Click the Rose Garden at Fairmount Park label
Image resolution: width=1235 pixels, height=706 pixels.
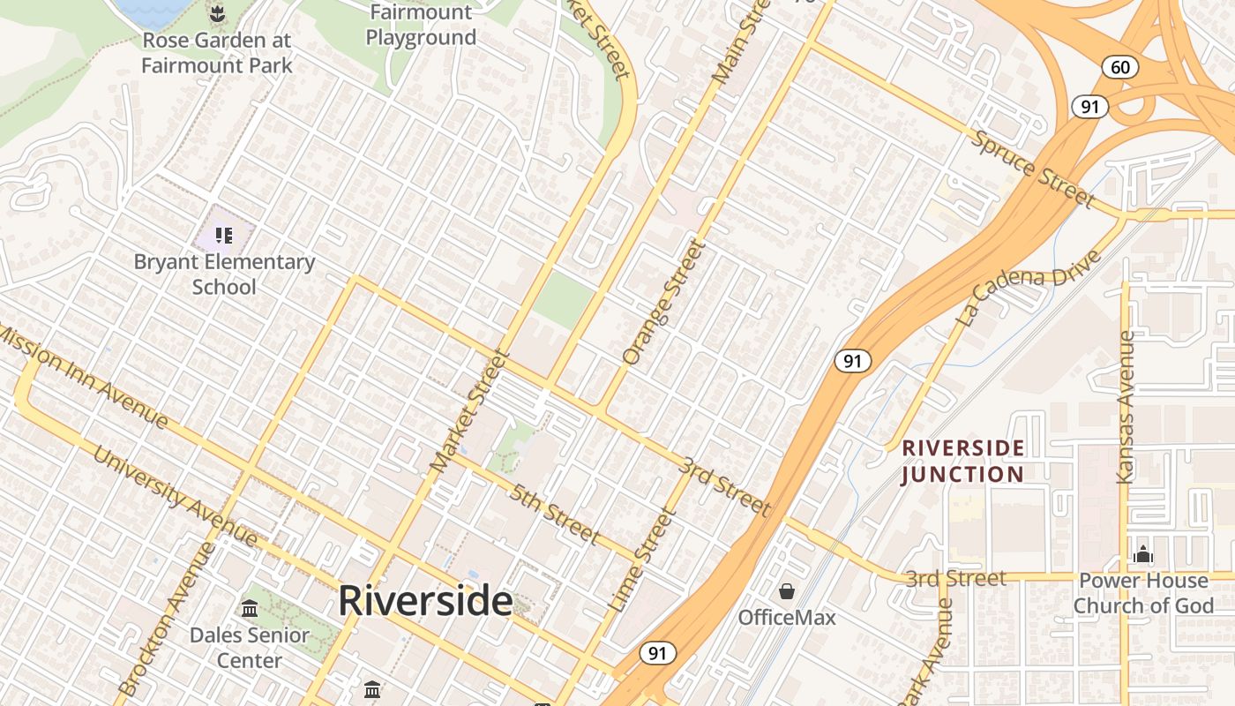pos(216,53)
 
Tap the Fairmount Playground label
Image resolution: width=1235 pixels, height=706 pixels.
pos(421,26)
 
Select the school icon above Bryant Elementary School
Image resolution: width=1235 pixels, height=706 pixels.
pos(224,235)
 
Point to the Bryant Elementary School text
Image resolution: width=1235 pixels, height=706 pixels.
pos(224,274)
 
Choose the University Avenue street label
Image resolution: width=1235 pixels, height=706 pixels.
pos(175,497)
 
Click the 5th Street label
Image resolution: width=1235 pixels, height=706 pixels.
pos(554,514)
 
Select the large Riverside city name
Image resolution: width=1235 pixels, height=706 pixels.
pos(425,601)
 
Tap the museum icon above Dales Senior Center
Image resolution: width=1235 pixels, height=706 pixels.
pos(250,609)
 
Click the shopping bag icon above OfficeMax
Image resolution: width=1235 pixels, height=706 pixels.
pos(787,591)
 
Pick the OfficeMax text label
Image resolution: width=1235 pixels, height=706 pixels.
pos(787,617)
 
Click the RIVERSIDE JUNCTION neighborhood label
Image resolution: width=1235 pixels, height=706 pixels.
pos(962,461)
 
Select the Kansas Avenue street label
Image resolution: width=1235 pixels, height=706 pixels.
pos(1125,407)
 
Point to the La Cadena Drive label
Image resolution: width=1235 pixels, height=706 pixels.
pos(1029,288)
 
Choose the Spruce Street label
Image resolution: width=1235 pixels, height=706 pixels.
pos(1033,168)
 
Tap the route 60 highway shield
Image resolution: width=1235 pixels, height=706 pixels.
pos(1120,67)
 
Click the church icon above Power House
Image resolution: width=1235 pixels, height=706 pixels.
pos(1143,554)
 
